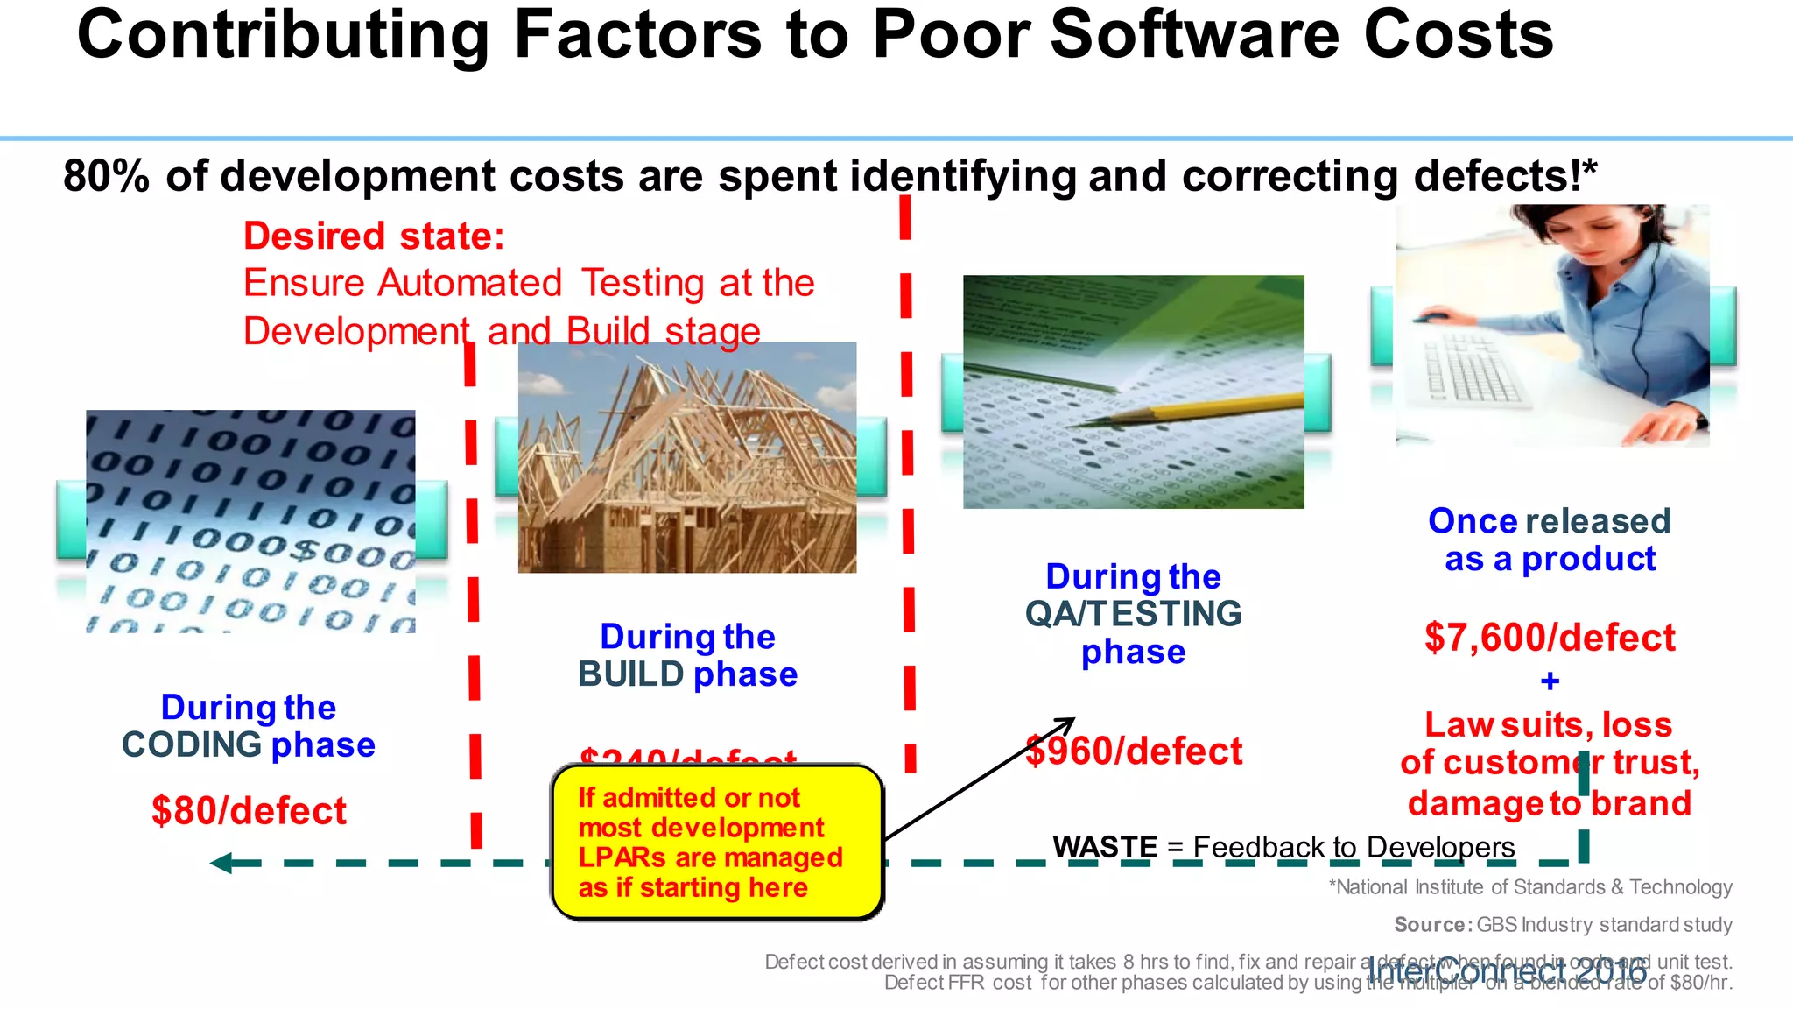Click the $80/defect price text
(x=249, y=810)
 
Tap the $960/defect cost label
(x=1134, y=751)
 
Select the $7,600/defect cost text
(x=1550, y=637)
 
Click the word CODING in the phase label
(x=192, y=745)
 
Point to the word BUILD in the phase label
(x=630, y=674)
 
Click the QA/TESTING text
(x=1133, y=614)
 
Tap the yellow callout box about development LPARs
(x=716, y=843)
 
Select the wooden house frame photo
(x=687, y=457)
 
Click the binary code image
(x=250, y=521)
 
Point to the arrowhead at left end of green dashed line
(x=221, y=863)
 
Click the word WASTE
(x=1105, y=847)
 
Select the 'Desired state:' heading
(x=374, y=236)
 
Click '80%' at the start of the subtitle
(x=106, y=176)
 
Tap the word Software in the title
(x=1195, y=35)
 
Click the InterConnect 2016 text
(x=1506, y=971)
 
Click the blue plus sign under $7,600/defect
(x=1550, y=681)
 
